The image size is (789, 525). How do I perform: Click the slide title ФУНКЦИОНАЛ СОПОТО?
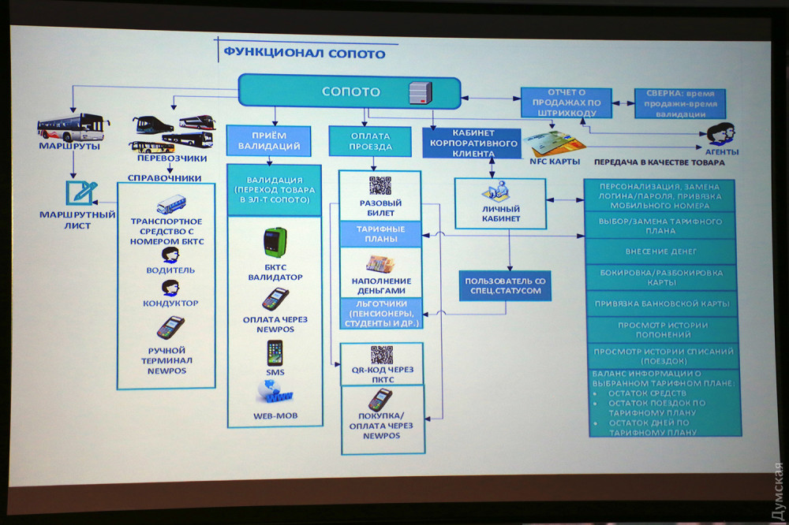[304, 54]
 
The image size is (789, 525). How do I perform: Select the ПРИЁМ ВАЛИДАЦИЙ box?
[264, 140]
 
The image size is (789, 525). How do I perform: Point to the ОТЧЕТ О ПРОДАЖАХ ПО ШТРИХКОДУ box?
[566, 102]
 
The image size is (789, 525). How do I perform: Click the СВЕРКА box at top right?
[680, 103]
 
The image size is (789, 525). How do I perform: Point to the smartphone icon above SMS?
[275, 352]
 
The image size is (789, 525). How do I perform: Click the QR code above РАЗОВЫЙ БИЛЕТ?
[380, 186]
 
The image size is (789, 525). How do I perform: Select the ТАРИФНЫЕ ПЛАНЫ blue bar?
[382, 233]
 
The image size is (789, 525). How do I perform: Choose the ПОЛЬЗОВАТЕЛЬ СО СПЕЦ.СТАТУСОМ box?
[505, 285]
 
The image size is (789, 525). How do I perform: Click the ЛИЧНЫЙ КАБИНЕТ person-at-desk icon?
[500, 193]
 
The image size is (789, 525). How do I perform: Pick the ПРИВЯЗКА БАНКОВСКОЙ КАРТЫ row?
[662, 303]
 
